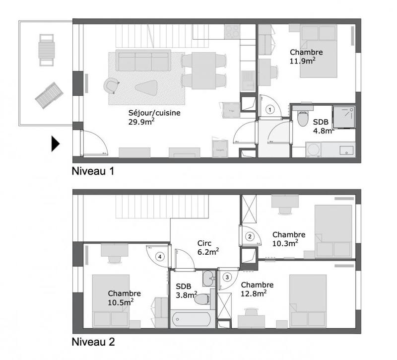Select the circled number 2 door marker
tap(251, 236)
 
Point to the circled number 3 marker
tap(227, 277)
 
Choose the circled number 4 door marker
tap(160, 257)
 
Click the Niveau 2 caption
tap(94, 342)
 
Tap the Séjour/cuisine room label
tap(154, 113)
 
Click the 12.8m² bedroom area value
tap(257, 293)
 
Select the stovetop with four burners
tap(232, 32)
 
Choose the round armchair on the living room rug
tap(111, 85)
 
